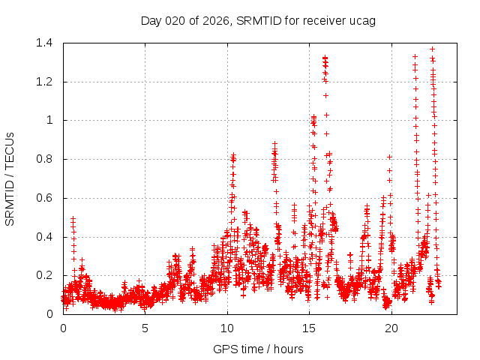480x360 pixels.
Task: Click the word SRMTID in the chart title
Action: [257, 20]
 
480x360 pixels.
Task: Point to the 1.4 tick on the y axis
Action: [43, 43]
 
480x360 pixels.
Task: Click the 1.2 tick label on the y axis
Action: [43, 82]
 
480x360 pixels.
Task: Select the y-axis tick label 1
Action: [49, 120]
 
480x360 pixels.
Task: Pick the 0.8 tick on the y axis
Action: [43, 159]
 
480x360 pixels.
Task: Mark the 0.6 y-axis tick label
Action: [43, 198]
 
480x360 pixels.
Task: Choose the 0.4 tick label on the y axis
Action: [43, 237]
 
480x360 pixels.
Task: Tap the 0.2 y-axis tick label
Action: [43, 276]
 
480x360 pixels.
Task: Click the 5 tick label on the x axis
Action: [145, 328]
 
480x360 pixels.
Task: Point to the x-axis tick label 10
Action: [227, 328]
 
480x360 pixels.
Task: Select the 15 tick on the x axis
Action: [310, 328]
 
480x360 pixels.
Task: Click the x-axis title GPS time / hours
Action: [258, 349]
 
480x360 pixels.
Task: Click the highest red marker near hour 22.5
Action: [432, 49]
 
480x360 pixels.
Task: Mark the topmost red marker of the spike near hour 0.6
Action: [73, 218]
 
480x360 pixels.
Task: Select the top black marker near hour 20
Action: [390, 157]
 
